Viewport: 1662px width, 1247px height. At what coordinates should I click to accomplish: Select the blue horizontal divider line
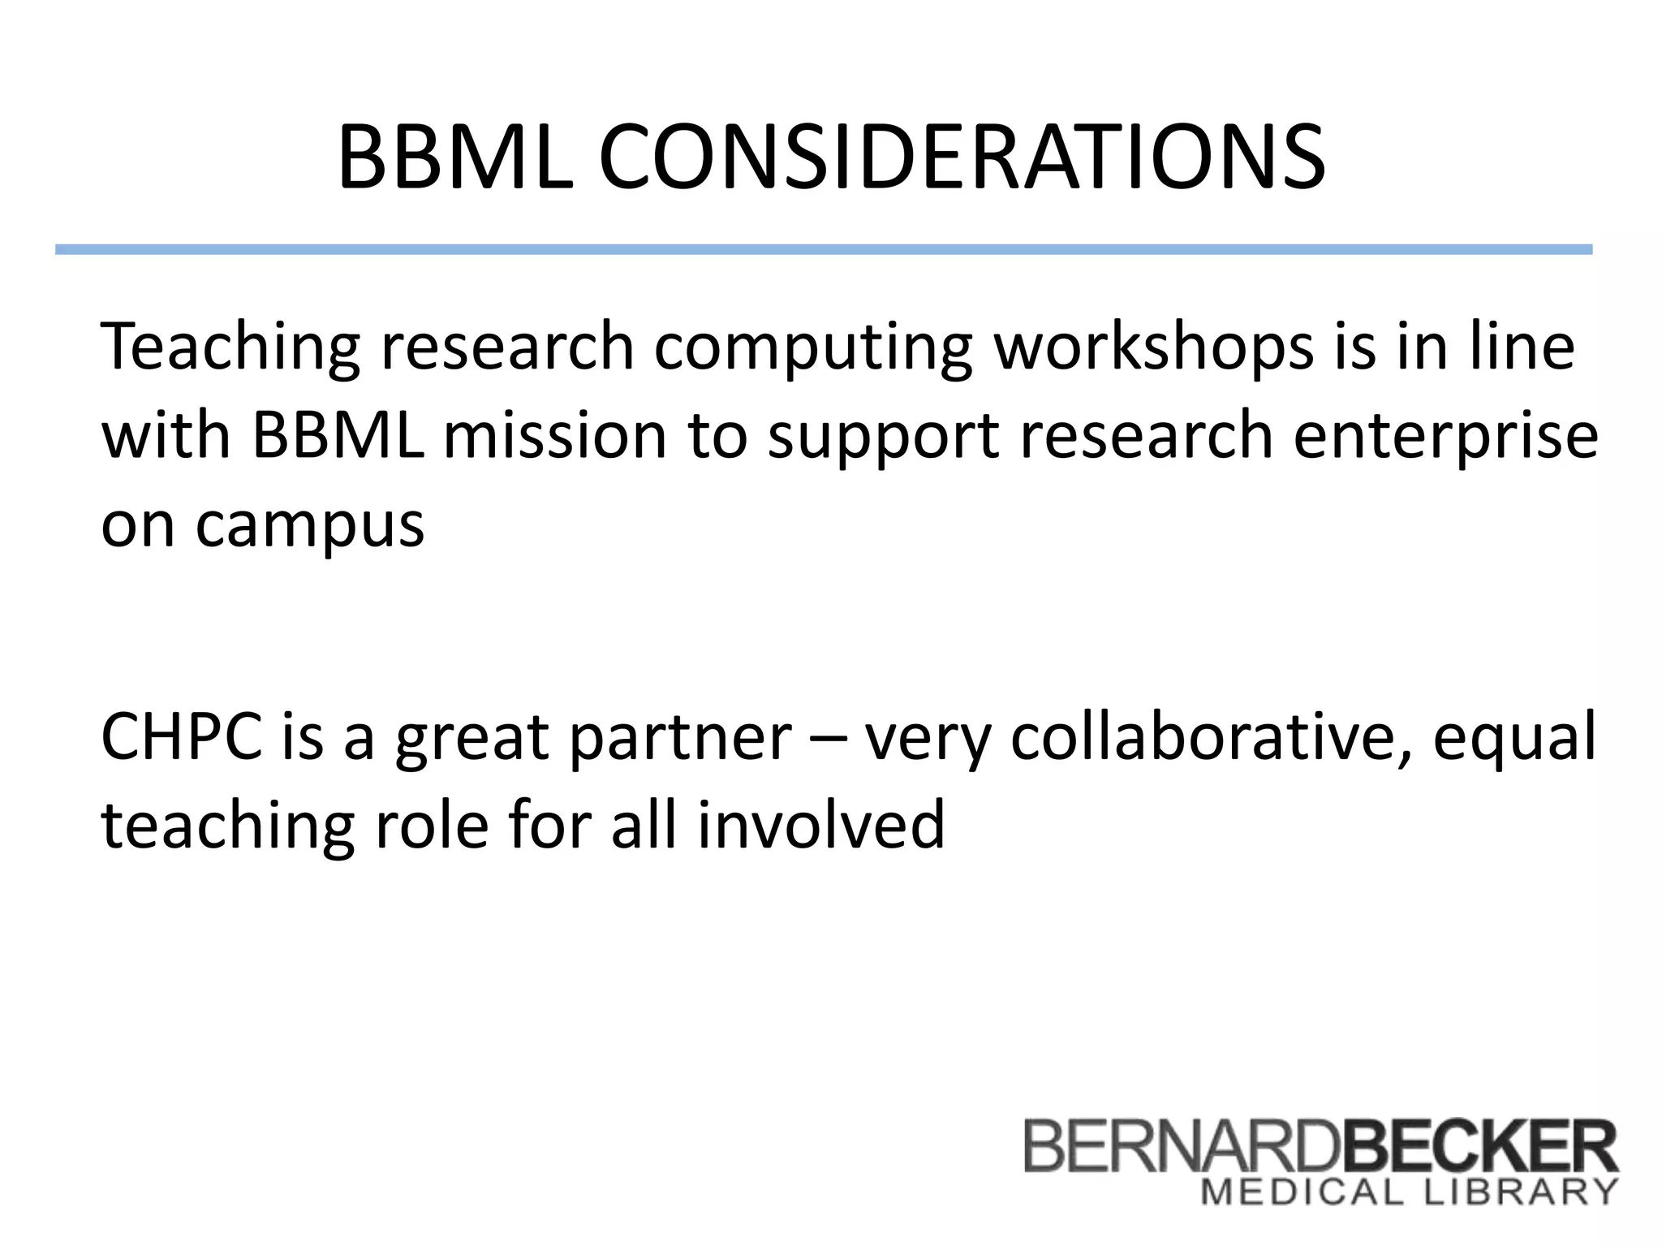(x=823, y=249)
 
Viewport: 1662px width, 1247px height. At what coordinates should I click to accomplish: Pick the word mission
(x=555, y=436)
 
